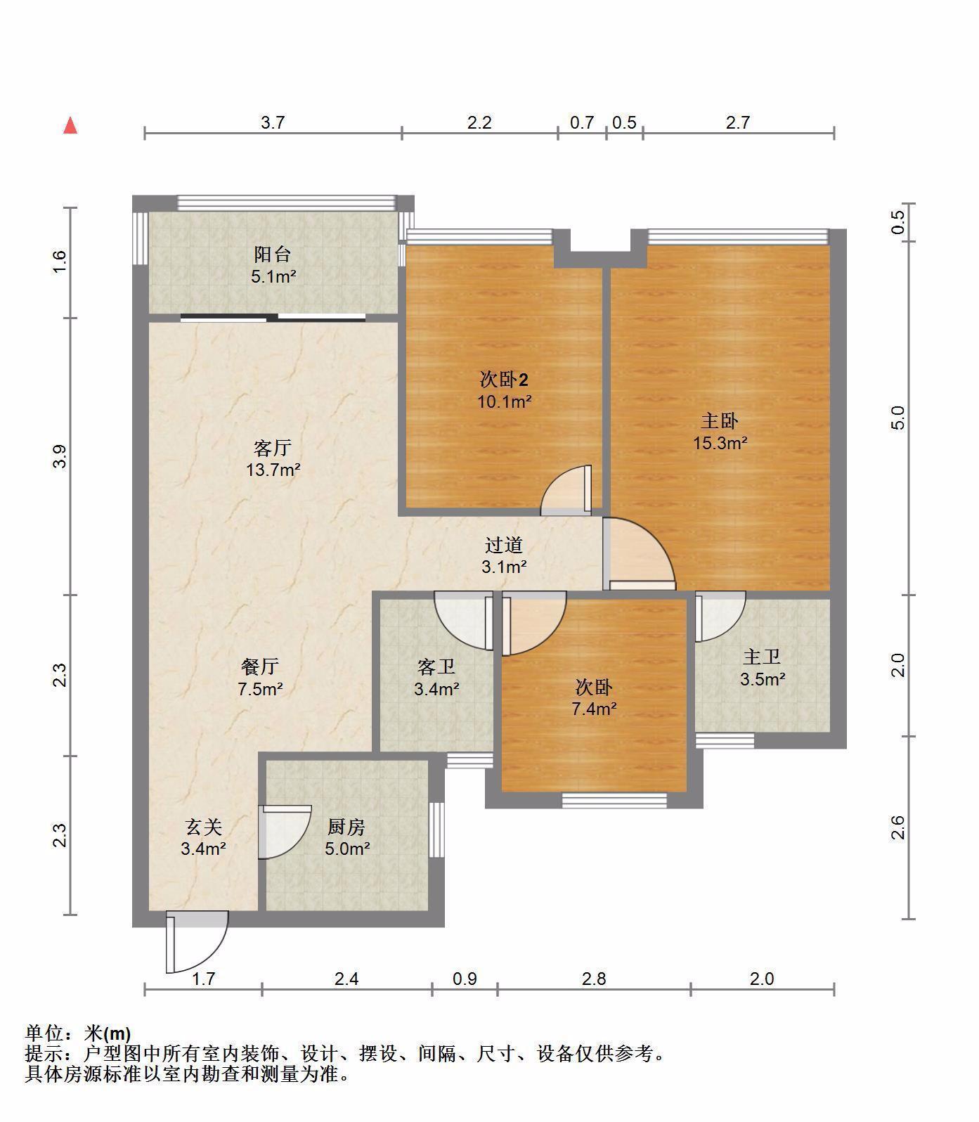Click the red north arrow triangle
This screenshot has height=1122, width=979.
pos(70,126)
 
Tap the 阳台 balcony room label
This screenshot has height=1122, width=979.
pos(273,254)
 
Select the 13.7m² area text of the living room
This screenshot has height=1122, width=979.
pos(273,470)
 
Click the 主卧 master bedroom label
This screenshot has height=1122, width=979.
pos(720,420)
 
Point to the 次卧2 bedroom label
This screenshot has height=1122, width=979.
pos(504,380)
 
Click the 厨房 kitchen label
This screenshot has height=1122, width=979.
pos(346,827)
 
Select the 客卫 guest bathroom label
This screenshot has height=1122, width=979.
pos(436,666)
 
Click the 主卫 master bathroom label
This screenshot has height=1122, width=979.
pos(763,657)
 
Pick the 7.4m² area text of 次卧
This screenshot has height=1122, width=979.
pos(595,709)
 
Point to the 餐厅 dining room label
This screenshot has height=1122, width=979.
pos(260,666)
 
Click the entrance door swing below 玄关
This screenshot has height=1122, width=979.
pos(196,941)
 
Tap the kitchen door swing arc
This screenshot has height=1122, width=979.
pos(285,832)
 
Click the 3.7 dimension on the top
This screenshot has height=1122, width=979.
pos(273,122)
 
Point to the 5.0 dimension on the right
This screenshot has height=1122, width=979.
pos(898,418)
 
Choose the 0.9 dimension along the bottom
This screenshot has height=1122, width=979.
pos(465,979)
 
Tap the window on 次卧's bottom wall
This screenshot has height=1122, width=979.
pos(614,800)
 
